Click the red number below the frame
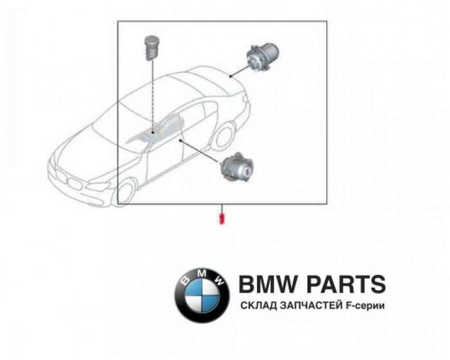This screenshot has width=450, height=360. [x=221, y=218]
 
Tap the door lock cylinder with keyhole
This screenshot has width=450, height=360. [x=236, y=167]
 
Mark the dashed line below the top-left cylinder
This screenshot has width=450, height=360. [x=153, y=97]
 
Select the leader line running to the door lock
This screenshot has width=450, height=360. [x=201, y=152]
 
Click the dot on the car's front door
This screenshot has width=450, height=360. [x=181, y=141]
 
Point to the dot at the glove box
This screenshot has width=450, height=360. [x=153, y=133]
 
